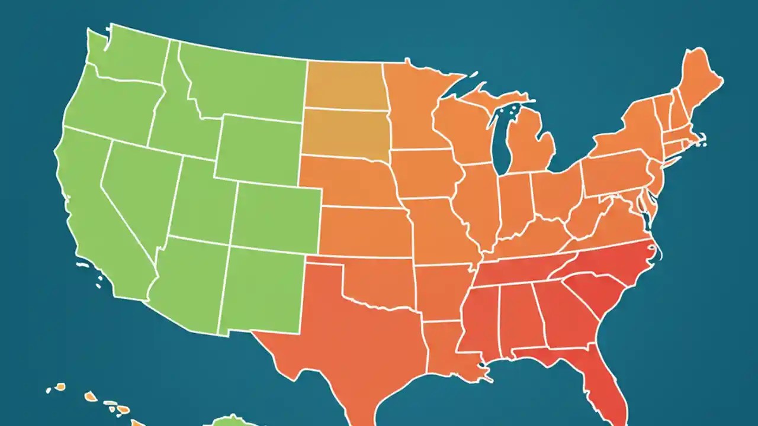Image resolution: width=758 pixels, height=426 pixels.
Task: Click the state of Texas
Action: (349, 331)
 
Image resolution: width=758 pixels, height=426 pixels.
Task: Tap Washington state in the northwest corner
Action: (127, 56)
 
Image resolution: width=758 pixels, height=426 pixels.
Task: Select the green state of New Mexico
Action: (264, 290)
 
